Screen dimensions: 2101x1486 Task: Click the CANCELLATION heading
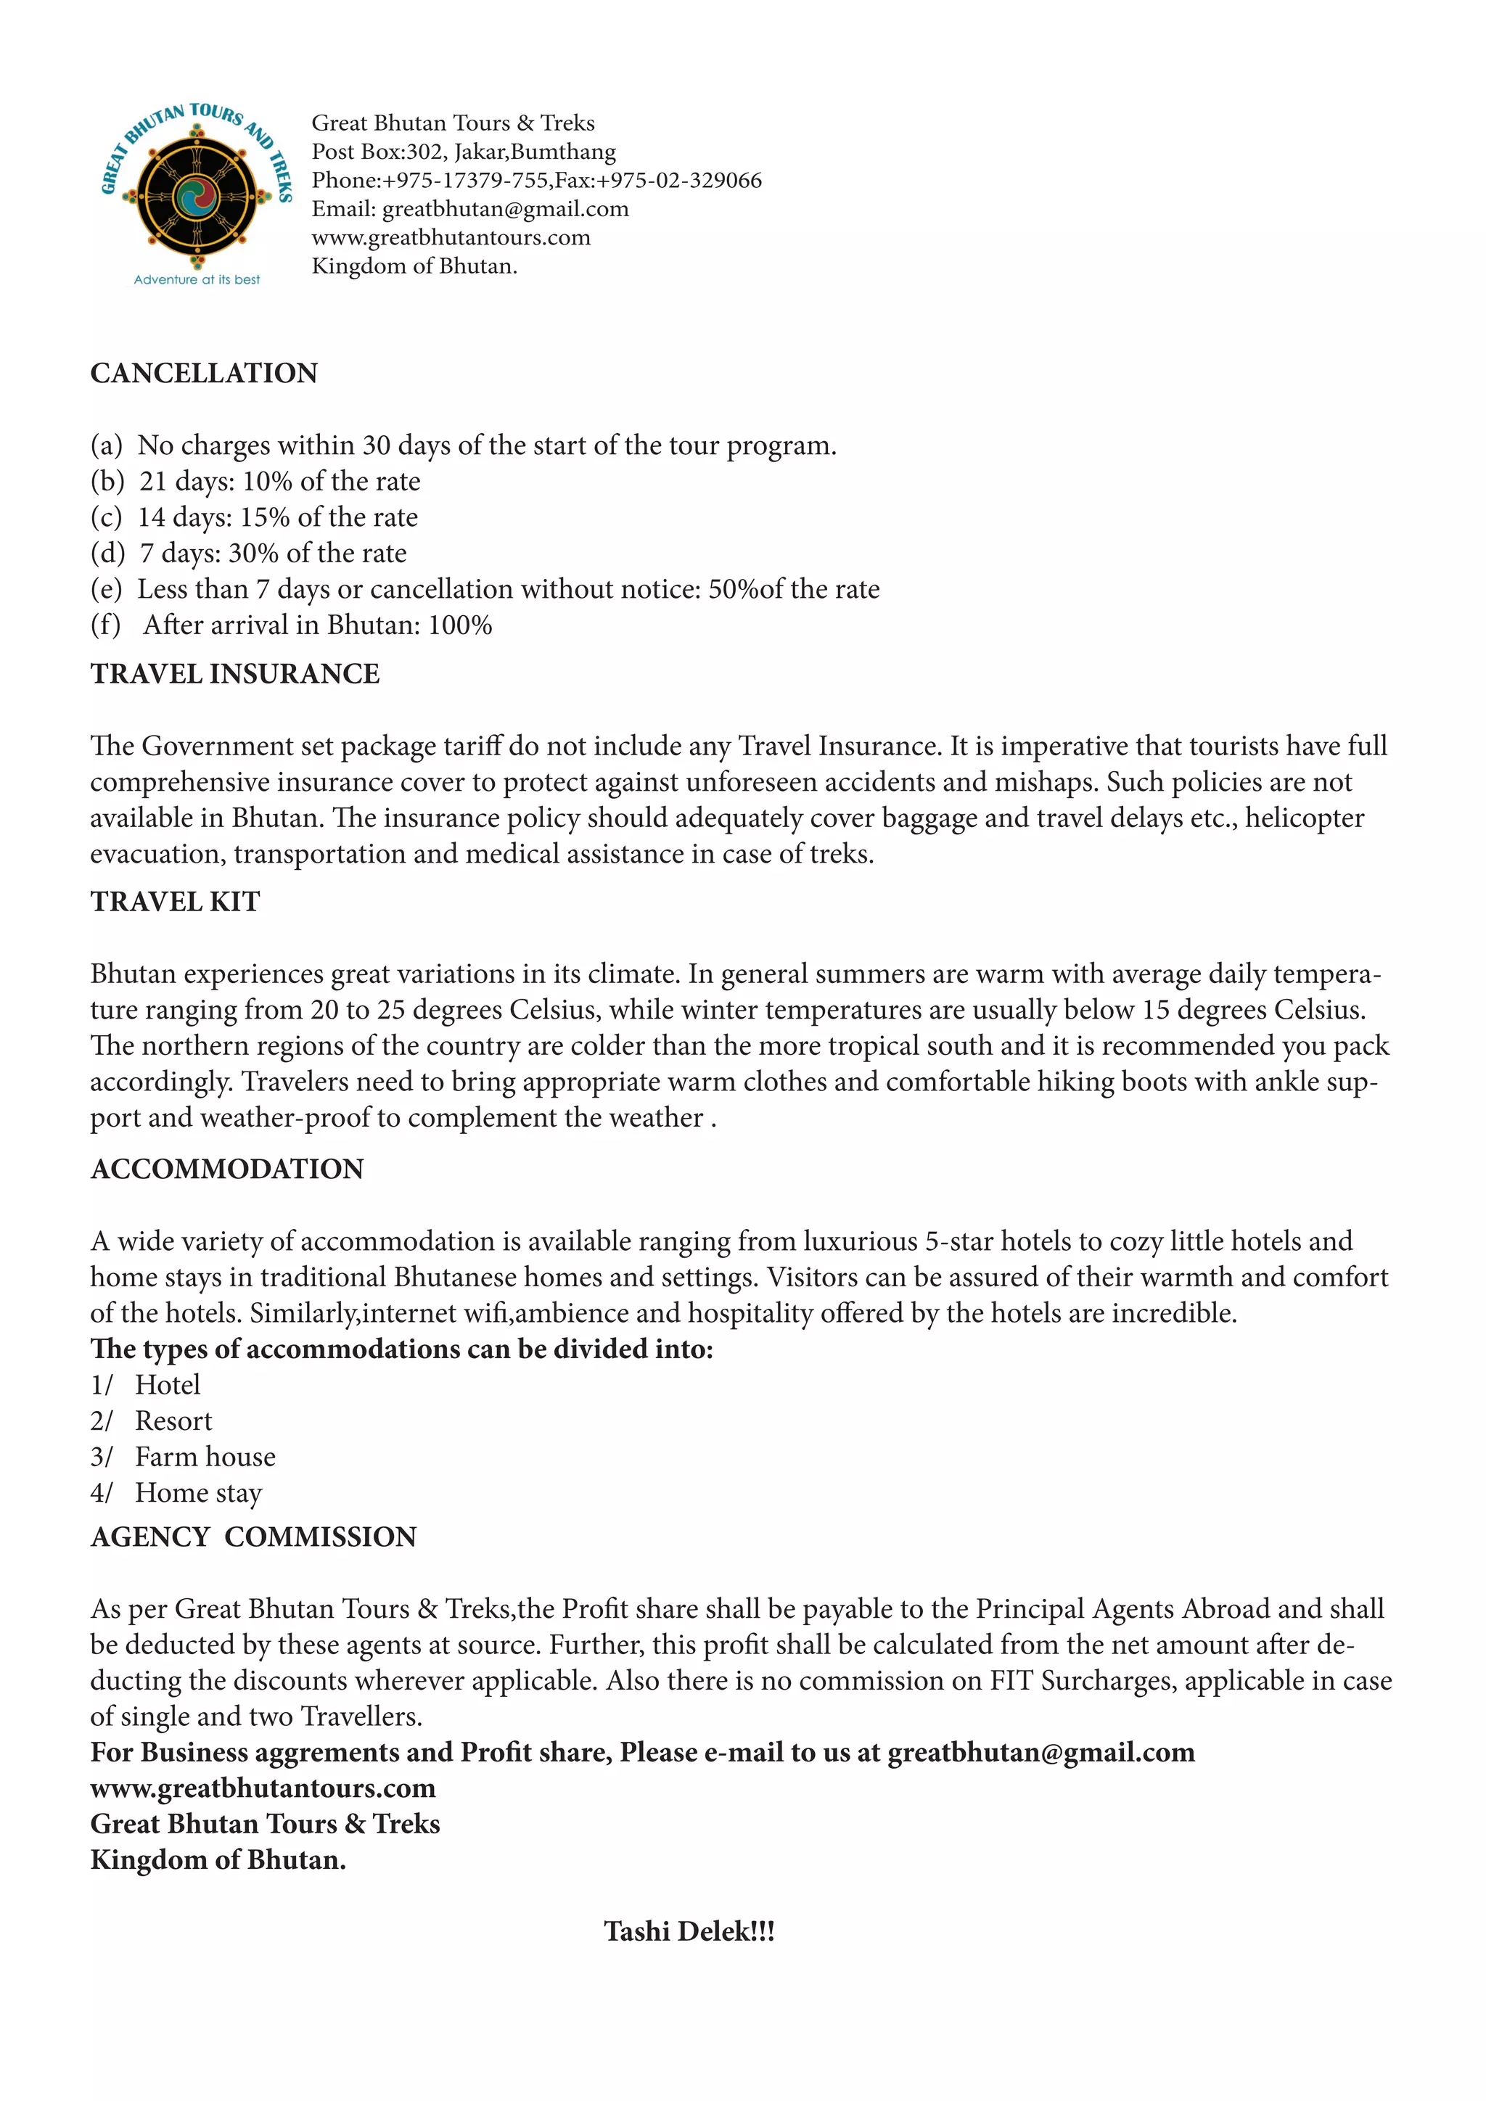[203, 374]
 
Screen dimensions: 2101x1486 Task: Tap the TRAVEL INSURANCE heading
[234, 675]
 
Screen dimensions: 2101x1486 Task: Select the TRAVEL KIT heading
[175, 903]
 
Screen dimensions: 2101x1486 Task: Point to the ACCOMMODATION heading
[227, 1169]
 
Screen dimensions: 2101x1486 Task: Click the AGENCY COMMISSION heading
[253, 1537]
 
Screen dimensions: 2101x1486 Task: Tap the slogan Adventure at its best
[197, 280]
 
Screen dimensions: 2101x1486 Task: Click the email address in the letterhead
[505, 210]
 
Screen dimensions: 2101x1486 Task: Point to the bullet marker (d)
[107, 554]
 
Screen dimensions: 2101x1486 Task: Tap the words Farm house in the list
[205, 1457]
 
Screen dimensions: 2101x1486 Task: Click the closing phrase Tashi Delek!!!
[689, 1932]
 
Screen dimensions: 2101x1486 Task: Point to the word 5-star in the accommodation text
[958, 1242]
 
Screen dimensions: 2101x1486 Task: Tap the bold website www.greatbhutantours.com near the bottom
[263, 1789]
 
